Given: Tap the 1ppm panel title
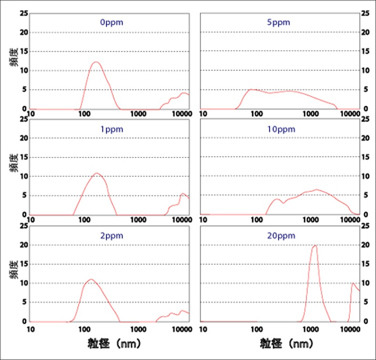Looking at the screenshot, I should coord(110,129).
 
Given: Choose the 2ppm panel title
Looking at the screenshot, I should coord(110,236).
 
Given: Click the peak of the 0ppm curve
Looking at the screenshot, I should coord(95,62).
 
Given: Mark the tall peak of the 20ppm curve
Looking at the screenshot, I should coord(314,245).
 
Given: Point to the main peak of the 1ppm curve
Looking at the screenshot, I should coord(97,173).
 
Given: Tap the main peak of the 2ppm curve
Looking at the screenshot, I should coord(91,280).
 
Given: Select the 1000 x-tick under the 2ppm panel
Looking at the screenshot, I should coord(138,329).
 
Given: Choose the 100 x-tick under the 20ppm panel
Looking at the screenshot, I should coord(256,329).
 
